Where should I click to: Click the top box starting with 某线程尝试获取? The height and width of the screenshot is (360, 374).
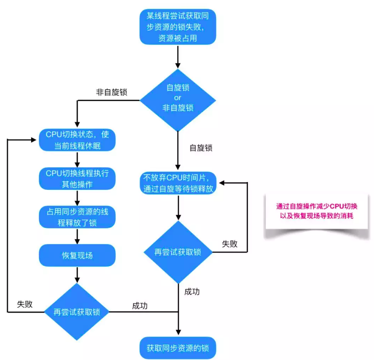tap(178, 27)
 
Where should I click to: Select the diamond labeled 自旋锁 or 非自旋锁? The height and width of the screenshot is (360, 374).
tap(178, 98)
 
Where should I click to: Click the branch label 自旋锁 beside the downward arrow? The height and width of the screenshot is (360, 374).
tap(201, 148)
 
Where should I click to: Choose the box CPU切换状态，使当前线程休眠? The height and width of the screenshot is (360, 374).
tap(77, 140)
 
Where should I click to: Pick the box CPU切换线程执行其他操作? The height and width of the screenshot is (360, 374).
tap(77, 178)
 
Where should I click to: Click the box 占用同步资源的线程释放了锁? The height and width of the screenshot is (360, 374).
tap(77, 217)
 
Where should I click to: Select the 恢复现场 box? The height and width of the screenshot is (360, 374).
tap(77, 255)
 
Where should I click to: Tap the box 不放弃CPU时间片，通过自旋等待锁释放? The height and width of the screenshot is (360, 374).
tap(178, 183)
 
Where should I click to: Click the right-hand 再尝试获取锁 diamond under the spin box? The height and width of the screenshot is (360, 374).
tap(178, 252)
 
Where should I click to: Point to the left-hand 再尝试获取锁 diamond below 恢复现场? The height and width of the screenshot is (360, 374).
tap(77, 312)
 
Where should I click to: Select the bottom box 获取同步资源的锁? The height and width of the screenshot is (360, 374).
tap(178, 349)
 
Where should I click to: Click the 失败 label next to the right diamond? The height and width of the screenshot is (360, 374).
tap(230, 244)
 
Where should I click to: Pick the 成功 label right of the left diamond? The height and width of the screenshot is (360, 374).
tap(140, 305)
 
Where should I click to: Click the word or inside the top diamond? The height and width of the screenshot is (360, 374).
tap(178, 98)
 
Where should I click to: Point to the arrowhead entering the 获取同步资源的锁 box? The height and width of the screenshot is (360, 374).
tap(178, 334)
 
